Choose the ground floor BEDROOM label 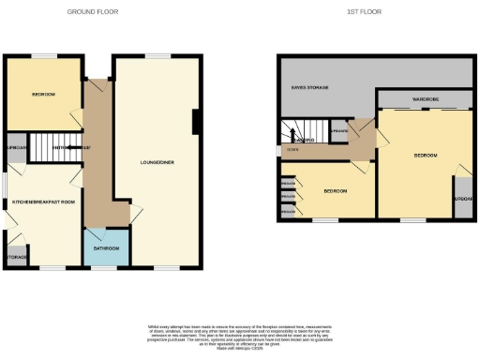(42, 96)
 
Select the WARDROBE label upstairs (422, 98)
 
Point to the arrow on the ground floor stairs (80, 147)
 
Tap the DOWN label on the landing (293, 150)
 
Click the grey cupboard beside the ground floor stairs (15, 149)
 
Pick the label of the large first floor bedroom (426, 155)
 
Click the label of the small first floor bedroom (334, 191)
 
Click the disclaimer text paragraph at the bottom (239, 335)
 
